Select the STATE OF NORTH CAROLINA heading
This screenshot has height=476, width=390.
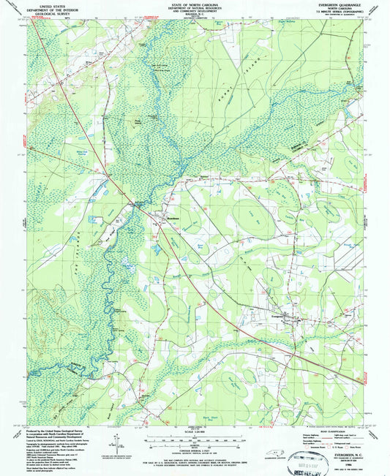tap(194, 4)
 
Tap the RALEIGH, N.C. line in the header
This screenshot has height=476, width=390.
tap(194, 15)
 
